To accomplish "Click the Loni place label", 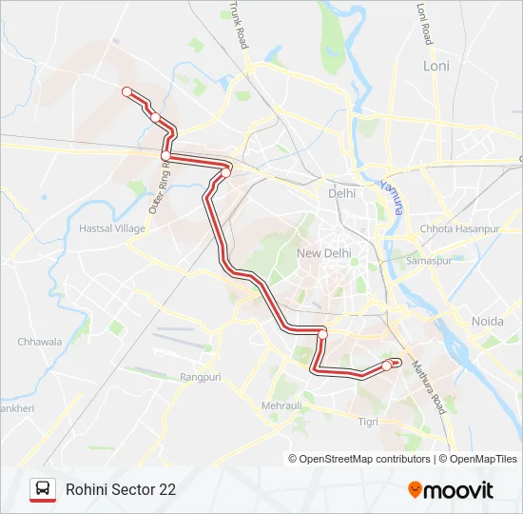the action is tap(436, 66).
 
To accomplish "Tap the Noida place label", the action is tap(487, 322).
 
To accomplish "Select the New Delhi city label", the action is tap(324, 253).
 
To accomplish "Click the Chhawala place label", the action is tap(40, 342).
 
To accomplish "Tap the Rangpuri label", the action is tap(200, 377).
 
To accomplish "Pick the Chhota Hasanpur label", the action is tap(459, 229).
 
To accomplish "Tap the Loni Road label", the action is tap(424, 24).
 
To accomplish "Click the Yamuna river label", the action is tap(391, 196).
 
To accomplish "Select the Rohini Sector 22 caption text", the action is tap(121, 489).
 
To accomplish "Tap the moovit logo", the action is tap(451, 489).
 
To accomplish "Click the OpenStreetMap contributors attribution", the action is tap(359, 459).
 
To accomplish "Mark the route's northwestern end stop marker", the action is tap(125, 90).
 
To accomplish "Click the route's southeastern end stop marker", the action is tap(387, 366).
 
